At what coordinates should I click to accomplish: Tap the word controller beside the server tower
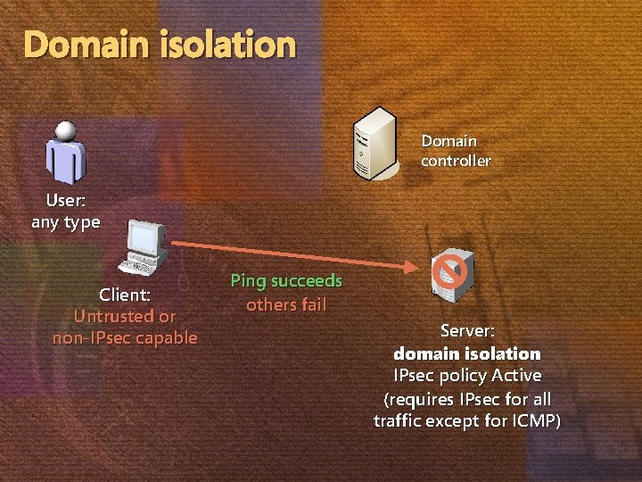point(456,162)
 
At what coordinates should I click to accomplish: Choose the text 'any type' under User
point(66,222)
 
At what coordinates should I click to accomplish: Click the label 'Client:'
point(125,295)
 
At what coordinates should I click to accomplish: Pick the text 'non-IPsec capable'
point(125,338)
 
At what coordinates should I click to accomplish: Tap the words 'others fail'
point(286,304)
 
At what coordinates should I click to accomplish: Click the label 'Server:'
point(467,331)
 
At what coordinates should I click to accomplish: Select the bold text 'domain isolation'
point(467,353)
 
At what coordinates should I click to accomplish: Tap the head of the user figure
point(65,130)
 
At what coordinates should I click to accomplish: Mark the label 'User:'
point(66,200)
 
